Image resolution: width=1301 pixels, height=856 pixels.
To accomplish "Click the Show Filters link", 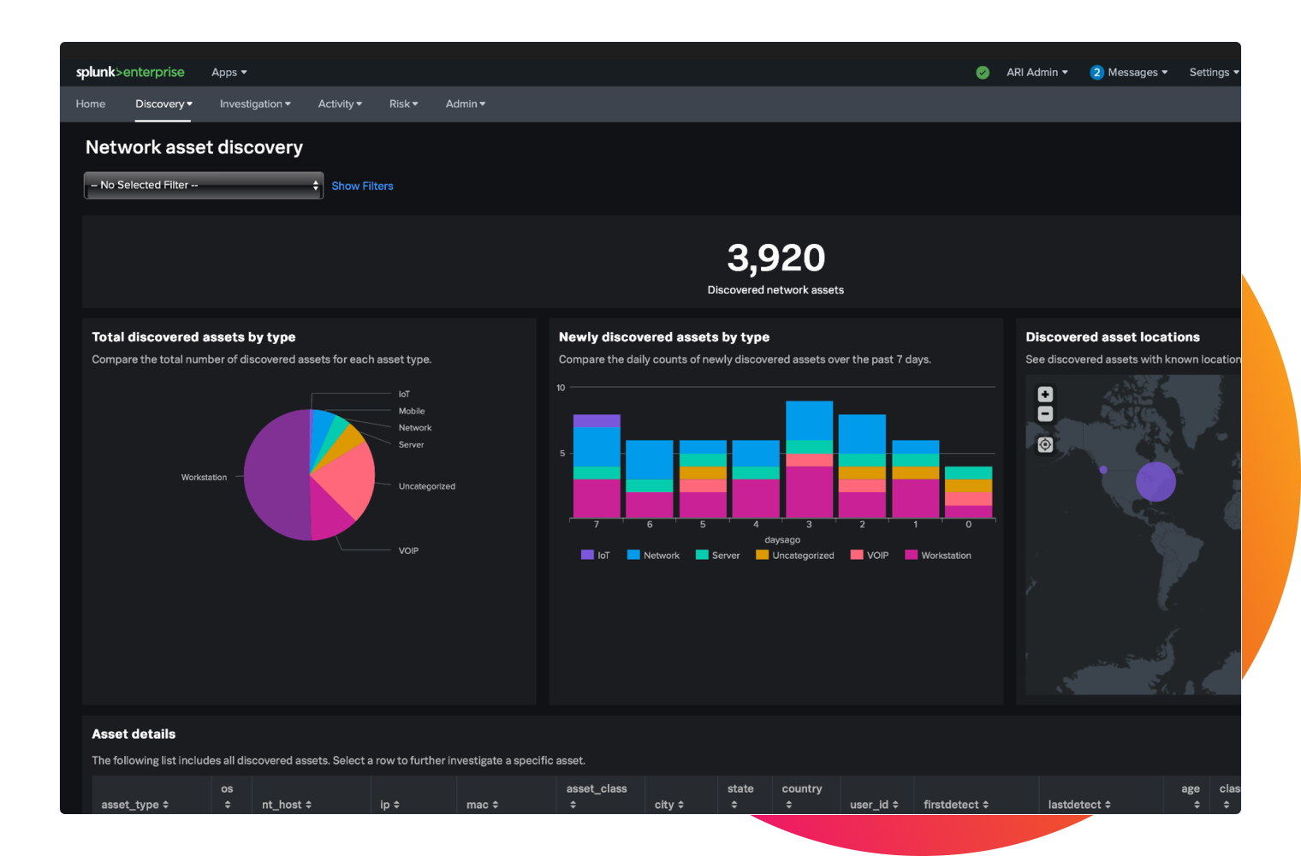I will click(x=362, y=186).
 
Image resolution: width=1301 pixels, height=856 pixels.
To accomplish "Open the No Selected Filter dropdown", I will click(x=204, y=185).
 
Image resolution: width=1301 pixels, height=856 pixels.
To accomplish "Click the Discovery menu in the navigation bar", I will click(x=163, y=104).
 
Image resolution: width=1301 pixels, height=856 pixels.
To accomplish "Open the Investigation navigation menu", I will click(x=255, y=104).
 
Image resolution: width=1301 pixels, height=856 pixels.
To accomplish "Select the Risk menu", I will click(x=403, y=104).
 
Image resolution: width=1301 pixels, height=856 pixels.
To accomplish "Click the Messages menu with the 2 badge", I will click(x=1129, y=72).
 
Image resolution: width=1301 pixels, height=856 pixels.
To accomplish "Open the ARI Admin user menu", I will click(x=1037, y=72).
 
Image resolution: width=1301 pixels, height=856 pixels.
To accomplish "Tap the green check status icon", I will click(x=983, y=73).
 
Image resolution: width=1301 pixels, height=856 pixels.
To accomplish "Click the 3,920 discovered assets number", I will click(x=775, y=258).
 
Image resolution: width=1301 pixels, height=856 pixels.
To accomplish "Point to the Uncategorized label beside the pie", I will click(x=426, y=486).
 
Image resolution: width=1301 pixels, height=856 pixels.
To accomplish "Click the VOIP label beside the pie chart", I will click(x=408, y=550).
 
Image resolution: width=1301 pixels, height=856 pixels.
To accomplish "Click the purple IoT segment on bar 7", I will click(x=597, y=420).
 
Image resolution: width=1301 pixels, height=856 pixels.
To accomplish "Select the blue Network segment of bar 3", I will click(x=809, y=420).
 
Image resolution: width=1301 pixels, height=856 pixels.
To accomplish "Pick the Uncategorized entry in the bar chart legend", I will click(x=795, y=556).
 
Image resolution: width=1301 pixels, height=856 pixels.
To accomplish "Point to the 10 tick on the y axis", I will click(x=561, y=388).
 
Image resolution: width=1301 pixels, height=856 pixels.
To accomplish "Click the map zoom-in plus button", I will click(x=1045, y=395).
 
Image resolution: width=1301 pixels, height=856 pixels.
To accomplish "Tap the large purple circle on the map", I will click(x=1155, y=482).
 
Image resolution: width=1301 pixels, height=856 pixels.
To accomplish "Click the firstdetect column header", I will click(x=956, y=805).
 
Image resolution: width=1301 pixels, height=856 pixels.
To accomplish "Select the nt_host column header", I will click(x=287, y=805).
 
